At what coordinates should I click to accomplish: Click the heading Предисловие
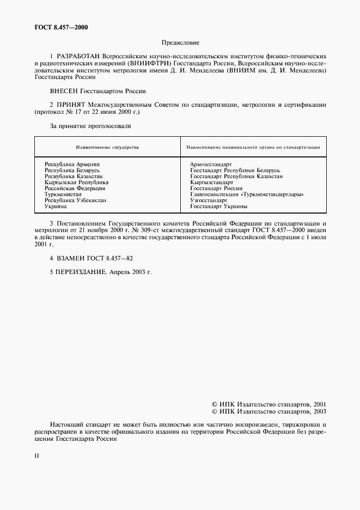coord(180,42)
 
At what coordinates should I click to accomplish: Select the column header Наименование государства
coord(107,147)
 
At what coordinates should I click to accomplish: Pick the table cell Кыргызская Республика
coord(76,182)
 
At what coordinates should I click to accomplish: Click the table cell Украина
coord(56,207)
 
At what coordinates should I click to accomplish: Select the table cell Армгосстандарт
coord(211,164)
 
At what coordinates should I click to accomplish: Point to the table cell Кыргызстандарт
coord(212,182)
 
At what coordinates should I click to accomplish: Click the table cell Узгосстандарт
coord(209,200)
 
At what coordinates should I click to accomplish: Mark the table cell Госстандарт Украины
coord(219,207)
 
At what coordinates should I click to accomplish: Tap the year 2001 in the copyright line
coord(319,405)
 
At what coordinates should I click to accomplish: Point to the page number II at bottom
coord(36,453)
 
